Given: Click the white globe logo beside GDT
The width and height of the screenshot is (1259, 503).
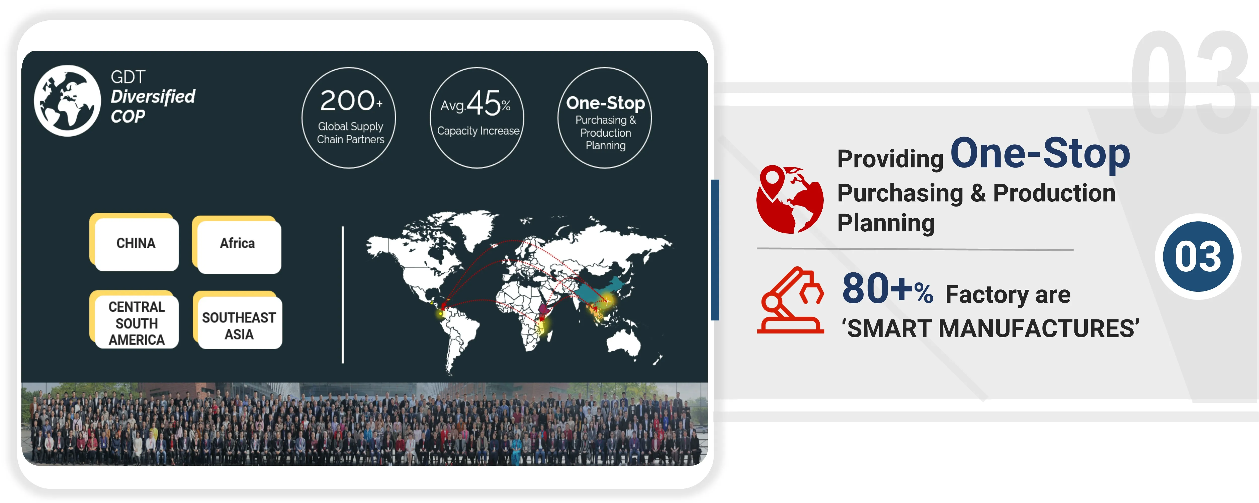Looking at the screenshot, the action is pos(67,101).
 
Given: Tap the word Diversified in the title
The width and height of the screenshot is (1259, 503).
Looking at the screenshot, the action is pos(153,97).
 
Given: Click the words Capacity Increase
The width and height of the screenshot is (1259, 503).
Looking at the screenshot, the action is pos(478,131).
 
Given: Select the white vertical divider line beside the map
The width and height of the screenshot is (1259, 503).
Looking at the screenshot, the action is pos(343,295).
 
